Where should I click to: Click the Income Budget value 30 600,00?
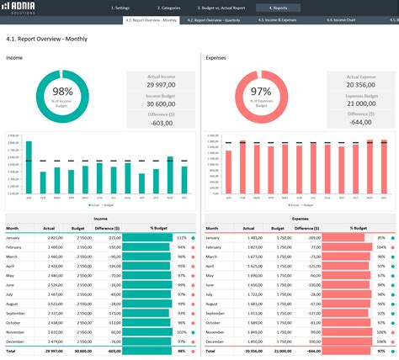[x=162, y=103]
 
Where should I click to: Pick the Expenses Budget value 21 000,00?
[x=361, y=103]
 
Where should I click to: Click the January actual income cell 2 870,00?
[x=53, y=238]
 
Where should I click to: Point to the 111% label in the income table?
[x=180, y=238]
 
